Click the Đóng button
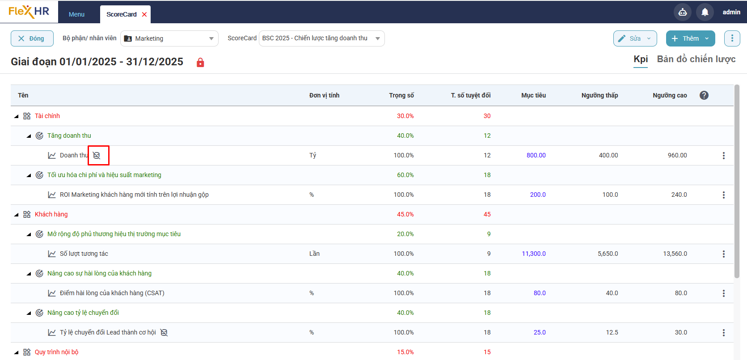[32, 38]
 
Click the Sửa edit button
[634, 38]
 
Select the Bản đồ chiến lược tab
[696, 59]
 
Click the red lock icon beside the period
[200, 63]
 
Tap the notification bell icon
[705, 12]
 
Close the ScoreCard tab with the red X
[144, 14]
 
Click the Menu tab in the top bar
[76, 14]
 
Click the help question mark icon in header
[704, 95]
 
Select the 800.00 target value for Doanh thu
[536, 155]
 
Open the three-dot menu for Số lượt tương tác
[723, 254]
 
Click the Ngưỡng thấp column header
[599, 95]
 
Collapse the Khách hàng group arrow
[17, 215]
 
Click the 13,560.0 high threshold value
[675, 254]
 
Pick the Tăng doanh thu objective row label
[69, 136]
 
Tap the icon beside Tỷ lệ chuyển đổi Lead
[164, 332]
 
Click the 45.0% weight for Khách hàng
[405, 214]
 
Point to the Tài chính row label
[47, 116]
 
